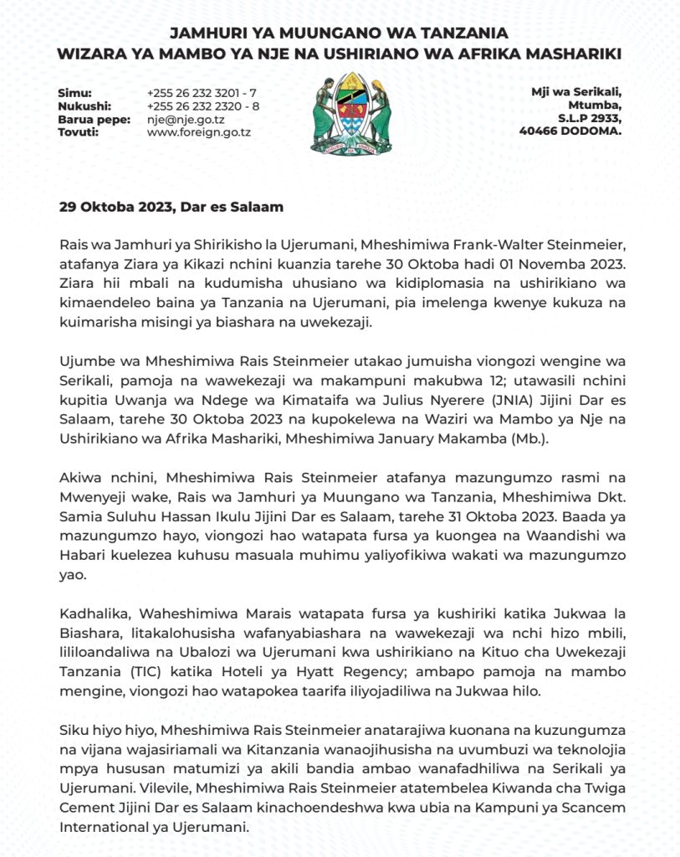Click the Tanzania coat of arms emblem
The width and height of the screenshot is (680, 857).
351,112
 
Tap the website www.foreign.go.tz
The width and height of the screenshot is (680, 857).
198,132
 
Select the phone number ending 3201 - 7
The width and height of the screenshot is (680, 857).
201,93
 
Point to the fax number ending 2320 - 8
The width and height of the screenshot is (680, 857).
202,106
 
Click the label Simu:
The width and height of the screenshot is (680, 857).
74,93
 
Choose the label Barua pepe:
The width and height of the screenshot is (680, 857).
94,120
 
